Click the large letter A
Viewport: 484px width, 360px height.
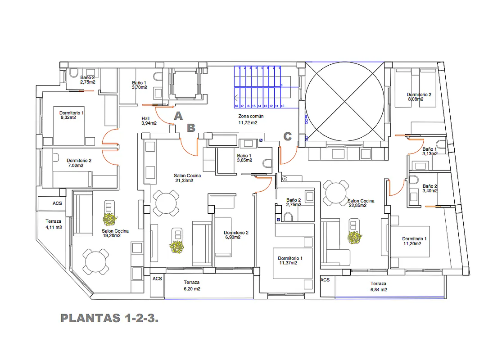[178, 116]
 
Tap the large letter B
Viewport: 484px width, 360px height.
[191, 128]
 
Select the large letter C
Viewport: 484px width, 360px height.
[287, 136]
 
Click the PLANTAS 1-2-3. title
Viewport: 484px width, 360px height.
[109, 319]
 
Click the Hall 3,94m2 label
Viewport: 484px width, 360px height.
[149, 121]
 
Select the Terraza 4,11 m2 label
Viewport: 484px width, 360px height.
[54, 224]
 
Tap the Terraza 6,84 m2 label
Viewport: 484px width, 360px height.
[378, 287]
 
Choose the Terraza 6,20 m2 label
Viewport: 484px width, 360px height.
[191, 285]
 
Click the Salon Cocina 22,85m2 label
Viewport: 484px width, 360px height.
[361, 203]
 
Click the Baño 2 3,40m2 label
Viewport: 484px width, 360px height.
[430, 188]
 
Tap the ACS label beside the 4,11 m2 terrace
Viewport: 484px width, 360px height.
[57, 203]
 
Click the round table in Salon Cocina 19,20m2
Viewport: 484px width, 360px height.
[95, 262]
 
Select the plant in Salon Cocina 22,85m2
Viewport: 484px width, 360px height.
[354, 237]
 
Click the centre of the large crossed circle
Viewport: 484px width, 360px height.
[345, 101]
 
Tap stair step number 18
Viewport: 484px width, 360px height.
[236, 106]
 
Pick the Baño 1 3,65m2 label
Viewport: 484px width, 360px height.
[244, 158]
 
